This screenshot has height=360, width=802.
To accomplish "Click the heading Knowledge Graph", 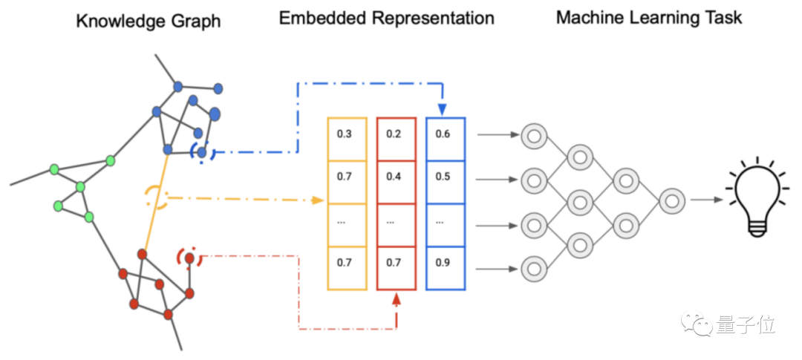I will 149,20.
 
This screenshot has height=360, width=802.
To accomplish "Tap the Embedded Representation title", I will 386,19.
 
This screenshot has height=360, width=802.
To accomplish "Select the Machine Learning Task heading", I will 648,17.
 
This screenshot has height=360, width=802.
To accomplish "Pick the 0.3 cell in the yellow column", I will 347,134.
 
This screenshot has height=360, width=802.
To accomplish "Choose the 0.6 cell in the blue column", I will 445,134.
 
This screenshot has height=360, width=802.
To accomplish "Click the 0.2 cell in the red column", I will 396,134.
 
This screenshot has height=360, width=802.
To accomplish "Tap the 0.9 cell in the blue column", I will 445,264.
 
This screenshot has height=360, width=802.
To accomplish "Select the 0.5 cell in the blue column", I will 445,177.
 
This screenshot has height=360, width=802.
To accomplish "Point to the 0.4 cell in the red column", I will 396,177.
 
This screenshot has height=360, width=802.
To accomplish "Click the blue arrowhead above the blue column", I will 443,110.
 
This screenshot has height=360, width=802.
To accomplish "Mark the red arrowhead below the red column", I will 397,298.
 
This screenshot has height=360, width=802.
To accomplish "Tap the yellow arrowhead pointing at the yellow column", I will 319,200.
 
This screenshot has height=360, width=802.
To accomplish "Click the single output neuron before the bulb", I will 671,200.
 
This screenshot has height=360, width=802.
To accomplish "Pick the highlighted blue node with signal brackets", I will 202,151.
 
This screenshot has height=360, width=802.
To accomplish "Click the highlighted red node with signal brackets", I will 190,258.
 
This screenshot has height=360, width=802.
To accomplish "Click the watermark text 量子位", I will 746,324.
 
